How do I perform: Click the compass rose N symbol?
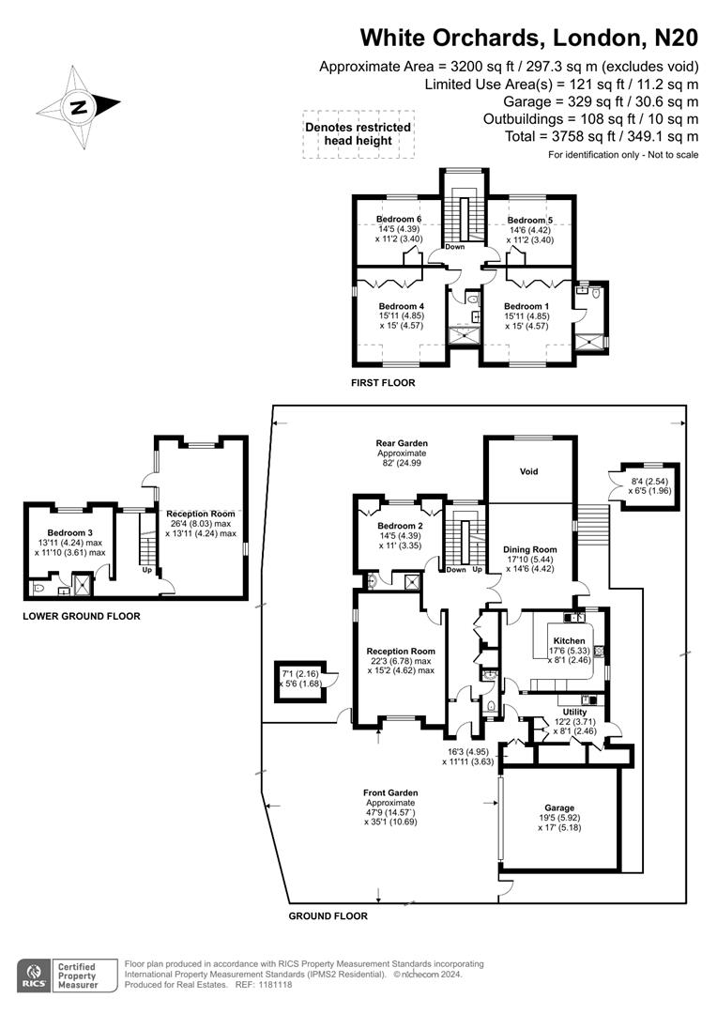[x=79, y=107]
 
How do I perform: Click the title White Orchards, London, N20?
[x=529, y=38]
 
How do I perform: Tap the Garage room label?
[x=559, y=807]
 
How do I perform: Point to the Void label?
[x=529, y=471]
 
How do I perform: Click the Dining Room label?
[x=531, y=549]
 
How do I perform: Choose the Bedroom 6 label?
[x=399, y=220]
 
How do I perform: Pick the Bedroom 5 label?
[x=530, y=220]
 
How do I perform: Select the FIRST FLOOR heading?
[x=383, y=383]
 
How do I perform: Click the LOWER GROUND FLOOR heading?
[x=82, y=617]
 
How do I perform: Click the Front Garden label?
[x=391, y=793]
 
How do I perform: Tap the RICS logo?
[x=37, y=975]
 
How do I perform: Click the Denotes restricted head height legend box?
[x=358, y=134]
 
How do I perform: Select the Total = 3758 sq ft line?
[x=601, y=137]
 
